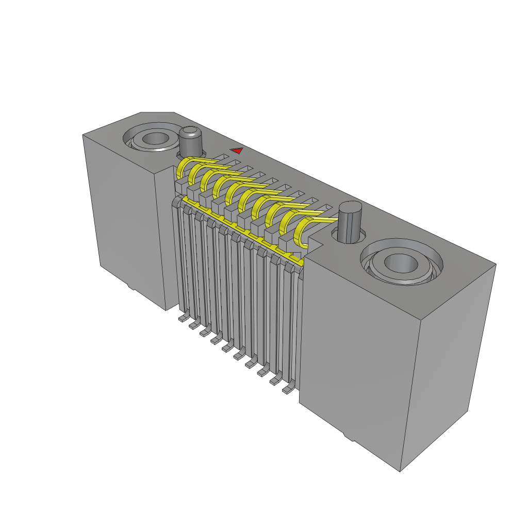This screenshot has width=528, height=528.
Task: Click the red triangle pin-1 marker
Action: click(x=237, y=151)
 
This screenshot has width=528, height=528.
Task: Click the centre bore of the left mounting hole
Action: click(x=154, y=139)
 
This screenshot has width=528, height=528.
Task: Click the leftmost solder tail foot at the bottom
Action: click(x=182, y=319)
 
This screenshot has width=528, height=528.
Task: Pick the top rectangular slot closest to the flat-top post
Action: click(x=323, y=209)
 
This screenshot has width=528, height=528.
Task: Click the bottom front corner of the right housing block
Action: click(x=400, y=470)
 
